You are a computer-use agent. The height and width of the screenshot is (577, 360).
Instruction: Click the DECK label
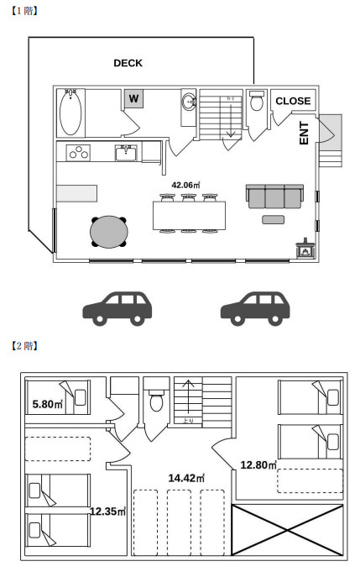click(128, 63)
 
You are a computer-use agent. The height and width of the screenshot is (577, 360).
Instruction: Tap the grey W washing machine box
click(133, 100)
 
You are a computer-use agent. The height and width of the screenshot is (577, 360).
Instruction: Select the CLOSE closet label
click(293, 101)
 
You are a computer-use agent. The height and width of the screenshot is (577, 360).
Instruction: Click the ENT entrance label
click(305, 134)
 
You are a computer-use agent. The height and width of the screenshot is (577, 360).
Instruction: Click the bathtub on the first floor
click(70, 113)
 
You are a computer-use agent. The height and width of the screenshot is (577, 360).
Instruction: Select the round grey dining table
click(110, 233)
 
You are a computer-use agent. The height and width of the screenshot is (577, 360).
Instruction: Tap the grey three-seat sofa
click(274, 196)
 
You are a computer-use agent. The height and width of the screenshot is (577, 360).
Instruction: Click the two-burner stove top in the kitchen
click(81, 153)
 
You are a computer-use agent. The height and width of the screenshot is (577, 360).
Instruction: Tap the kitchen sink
click(127, 153)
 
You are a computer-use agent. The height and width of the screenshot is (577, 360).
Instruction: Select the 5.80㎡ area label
click(47, 404)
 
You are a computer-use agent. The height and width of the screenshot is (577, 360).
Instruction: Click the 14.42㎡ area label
click(185, 478)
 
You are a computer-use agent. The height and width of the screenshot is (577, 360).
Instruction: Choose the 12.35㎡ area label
click(108, 510)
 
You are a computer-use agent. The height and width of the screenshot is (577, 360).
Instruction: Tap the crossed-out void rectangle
click(287, 531)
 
